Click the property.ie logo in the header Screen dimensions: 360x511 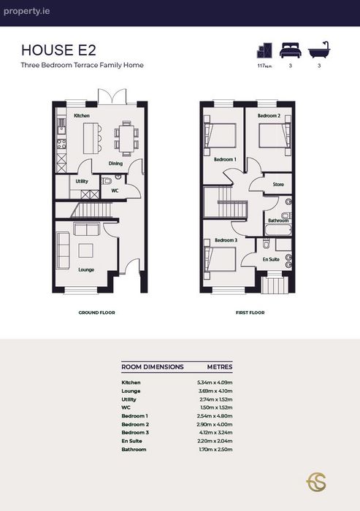coord(27,12)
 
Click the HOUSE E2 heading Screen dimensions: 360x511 coord(58,50)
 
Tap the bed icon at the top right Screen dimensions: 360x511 coord(290,50)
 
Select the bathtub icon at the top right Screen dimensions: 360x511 coord(319,50)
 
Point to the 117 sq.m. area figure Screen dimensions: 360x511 coord(264,66)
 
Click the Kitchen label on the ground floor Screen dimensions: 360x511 coord(82,115)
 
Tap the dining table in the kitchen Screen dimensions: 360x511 coord(126,138)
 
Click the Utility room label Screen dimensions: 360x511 coord(82,181)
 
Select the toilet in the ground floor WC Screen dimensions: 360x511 coord(107,180)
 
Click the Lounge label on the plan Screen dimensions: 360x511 coord(86,269)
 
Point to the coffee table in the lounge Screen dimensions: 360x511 coord(85,250)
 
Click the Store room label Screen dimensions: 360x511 coord(278,185)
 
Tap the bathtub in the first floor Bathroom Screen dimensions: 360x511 coord(278,229)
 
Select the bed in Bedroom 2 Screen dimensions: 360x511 coord(272,135)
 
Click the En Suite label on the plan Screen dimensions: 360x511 coord(271,259)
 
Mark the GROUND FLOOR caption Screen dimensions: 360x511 coord(97,312)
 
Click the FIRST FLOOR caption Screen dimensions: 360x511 coord(250,312)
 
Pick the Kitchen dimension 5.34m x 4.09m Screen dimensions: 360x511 coord(215,383)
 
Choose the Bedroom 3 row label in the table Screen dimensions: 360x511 coord(135,432)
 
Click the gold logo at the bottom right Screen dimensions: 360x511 coord(316,483)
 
